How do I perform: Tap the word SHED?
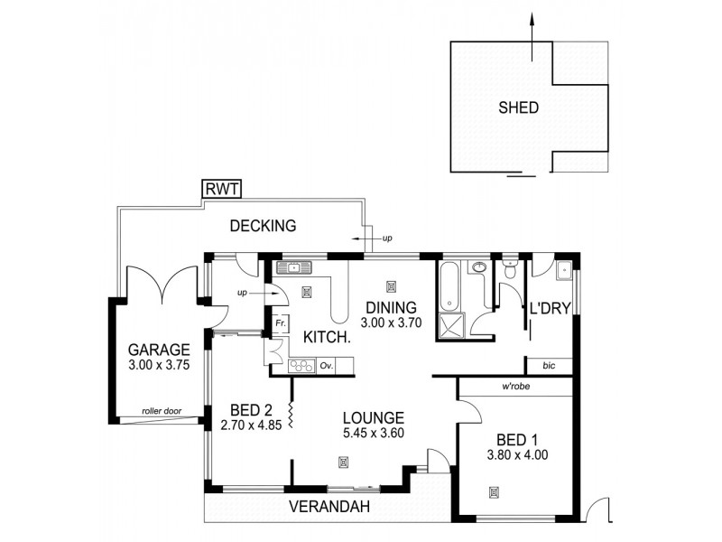pyautogui.click(x=518, y=107)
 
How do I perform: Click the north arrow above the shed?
pyautogui.click(x=532, y=27)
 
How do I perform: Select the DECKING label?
pyautogui.click(x=263, y=226)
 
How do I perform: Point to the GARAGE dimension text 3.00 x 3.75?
pyautogui.click(x=158, y=366)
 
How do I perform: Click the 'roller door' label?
pyautogui.click(x=162, y=412)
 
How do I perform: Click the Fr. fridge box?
pyautogui.click(x=281, y=322)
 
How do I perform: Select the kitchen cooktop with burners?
pyautogui.click(x=301, y=366)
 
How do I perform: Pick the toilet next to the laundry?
pyautogui.click(x=510, y=268)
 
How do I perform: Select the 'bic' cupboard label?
pyautogui.click(x=549, y=366)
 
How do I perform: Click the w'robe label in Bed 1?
pyautogui.click(x=515, y=387)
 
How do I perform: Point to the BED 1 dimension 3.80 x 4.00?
pyautogui.click(x=517, y=455)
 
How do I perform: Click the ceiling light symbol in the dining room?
pyautogui.click(x=391, y=286)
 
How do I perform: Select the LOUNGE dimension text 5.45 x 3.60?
pyautogui.click(x=373, y=434)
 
